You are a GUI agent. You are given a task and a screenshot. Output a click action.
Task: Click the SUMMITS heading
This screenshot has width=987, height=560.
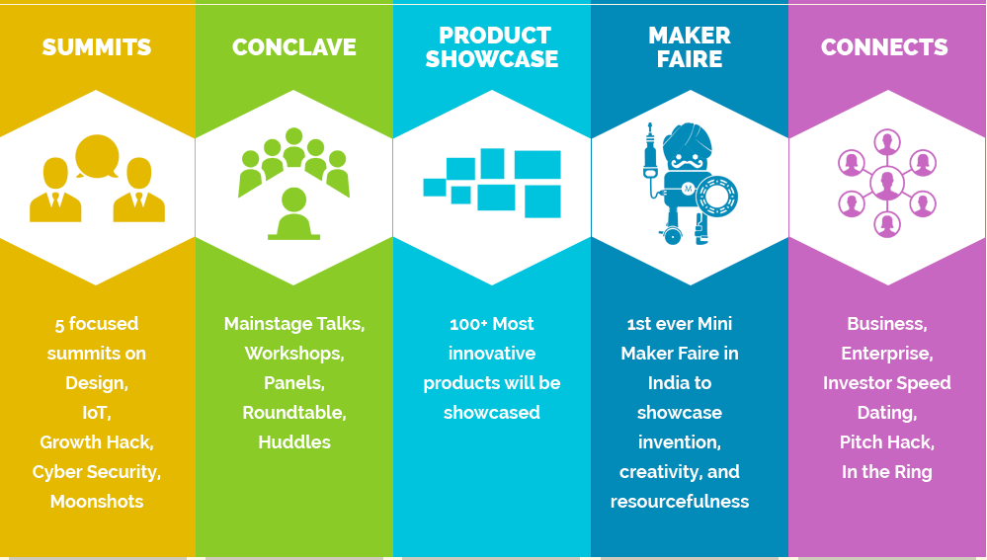96,47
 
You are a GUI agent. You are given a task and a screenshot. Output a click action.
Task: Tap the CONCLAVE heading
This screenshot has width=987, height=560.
294,47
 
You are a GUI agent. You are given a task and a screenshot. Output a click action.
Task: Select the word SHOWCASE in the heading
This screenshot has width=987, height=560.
492,59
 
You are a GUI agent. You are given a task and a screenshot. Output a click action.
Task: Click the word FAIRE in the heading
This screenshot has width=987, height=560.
690,59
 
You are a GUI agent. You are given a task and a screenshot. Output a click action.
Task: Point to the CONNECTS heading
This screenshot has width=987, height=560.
884,47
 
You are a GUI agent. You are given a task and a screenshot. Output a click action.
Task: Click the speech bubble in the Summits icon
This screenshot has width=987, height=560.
97,156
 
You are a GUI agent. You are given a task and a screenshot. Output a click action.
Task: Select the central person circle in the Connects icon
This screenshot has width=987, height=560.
887,183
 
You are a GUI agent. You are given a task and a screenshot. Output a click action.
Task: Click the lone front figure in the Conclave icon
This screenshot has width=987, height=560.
294,214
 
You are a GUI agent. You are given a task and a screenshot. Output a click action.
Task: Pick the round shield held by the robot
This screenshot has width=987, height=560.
717,196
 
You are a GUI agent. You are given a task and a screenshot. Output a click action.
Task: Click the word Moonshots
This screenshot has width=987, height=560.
97,502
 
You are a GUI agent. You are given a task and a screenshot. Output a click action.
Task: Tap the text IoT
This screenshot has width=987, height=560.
96,413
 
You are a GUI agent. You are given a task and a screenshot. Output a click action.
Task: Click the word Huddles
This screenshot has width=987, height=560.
294,442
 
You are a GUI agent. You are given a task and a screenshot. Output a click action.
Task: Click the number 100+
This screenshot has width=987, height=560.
468,324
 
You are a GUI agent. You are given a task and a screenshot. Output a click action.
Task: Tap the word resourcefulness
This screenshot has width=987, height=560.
680,502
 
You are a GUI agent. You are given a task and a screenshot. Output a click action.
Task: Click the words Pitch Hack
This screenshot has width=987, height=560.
886,442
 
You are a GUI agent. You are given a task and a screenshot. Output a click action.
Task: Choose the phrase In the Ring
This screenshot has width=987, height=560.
887,472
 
